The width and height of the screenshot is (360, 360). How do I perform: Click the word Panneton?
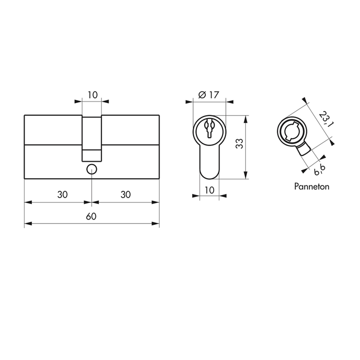pyautogui.click(x=311, y=186)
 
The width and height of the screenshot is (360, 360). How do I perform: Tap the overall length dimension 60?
pyautogui.click(x=91, y=216)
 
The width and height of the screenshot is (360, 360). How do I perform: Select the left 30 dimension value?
pyautogui.click(x=63, y=195)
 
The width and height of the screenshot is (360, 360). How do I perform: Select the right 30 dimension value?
pyautogui.click(x=126, y=195)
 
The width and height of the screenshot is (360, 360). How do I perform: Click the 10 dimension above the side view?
pyautogui.click(x=93, y=95)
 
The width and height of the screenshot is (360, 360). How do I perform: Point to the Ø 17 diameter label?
pyautogui.click(x=209, y=94)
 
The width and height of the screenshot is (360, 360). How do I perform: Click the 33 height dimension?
pyautogui.click(x=239, y=144)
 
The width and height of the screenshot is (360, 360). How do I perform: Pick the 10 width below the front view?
pyautogui.click(x=209, y=190)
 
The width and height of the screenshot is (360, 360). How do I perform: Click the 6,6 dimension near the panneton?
pyautogui.click(x=319, y=170)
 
